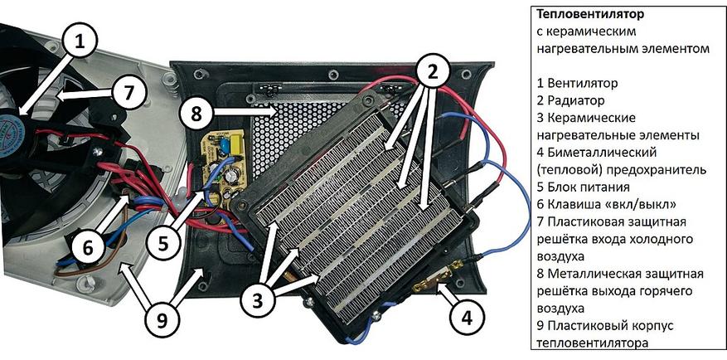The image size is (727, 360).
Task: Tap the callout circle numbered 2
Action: tap(433, 71)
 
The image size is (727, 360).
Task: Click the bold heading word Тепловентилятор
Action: tap(590, 16)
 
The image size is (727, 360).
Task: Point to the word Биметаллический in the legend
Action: tap(603, 153)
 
